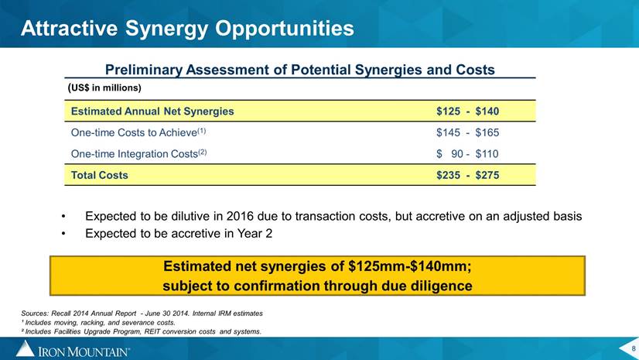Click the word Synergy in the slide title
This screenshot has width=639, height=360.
tap(167, 29)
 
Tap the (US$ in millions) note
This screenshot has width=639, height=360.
tap(104, 87)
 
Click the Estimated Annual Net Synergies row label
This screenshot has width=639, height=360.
tap(152, 111)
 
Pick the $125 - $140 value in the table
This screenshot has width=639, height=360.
tap(467, 111)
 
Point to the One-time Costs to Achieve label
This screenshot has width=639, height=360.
tap(134, 132)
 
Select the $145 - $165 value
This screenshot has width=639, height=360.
tap(467, 132)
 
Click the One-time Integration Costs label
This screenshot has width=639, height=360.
tap(135, 154)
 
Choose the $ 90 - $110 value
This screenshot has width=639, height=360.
tap(467, 154)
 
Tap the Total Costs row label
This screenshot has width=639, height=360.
tap(100, 175)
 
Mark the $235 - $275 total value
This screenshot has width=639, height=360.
tap(467, 175)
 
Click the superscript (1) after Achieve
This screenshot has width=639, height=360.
tap(202, 131)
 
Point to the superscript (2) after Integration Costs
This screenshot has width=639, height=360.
tap(203, 152)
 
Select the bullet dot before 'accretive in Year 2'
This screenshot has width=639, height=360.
tap(63, 234)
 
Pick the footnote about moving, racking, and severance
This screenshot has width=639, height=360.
tap(98, 323)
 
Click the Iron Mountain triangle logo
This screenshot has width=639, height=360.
tap(26, 348)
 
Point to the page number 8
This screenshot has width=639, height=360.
tap(634, 348)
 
